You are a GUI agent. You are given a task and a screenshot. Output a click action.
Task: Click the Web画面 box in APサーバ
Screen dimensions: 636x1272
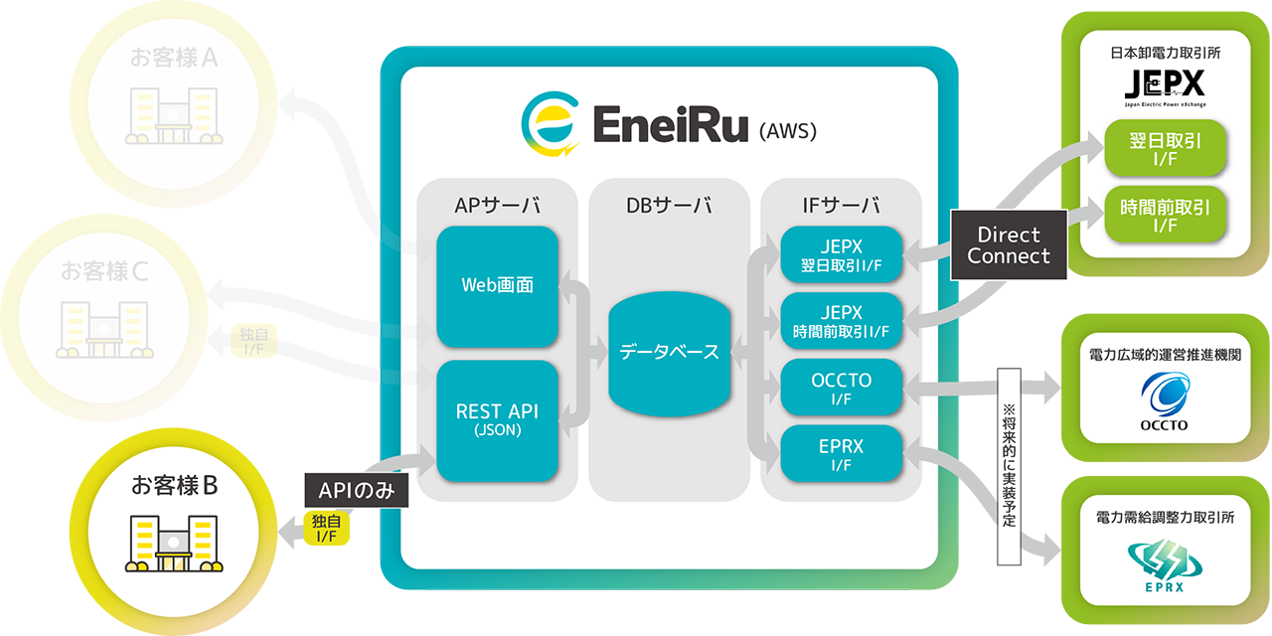tap(497, 285)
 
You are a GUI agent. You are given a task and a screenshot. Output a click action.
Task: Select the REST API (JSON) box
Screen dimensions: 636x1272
tap(497, 419)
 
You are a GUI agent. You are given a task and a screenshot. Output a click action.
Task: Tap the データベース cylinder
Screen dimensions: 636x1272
tap(669, 352)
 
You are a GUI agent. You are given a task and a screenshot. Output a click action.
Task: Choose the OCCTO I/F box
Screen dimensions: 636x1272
tap(841, 388)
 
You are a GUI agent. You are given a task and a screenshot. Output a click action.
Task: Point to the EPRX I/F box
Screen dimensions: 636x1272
tap(841, 454)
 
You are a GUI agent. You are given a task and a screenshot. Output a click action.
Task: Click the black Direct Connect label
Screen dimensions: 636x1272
tap(1009, 245)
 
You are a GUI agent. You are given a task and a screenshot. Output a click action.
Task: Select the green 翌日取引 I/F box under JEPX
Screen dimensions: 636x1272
tap(1165, 150)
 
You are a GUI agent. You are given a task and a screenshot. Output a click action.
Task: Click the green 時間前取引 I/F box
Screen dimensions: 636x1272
tap(1165, 217)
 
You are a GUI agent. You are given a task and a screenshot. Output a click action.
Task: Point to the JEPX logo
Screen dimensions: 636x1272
tap(1164, 83)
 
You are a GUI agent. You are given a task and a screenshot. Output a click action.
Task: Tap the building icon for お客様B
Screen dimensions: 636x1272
tap(173, 544)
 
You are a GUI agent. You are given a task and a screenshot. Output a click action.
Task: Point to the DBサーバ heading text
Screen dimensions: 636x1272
tap(668, 206)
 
